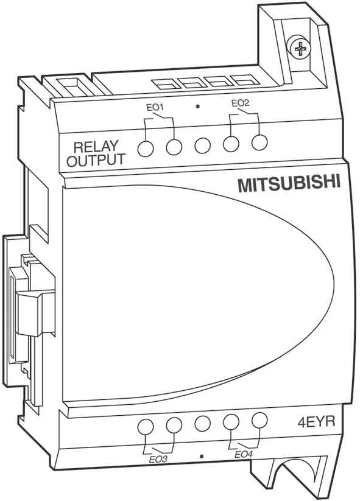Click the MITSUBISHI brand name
pos(289,184)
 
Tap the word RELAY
pos(96,147)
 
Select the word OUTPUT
pos(96,160)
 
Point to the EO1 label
pos(155,107)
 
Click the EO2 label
pos(240,103)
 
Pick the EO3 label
pos(158,460)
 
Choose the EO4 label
pos(243,454)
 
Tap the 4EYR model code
pos(316,422)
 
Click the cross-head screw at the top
pos(300,49)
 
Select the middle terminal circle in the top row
pos(202,145)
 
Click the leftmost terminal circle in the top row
pos(146,149)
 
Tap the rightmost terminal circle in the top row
pos(259,142)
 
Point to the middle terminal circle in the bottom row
pos(202,424)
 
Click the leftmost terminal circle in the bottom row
pos(146,427)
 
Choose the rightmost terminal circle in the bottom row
pos(259,421)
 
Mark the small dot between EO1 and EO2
pos(198,106)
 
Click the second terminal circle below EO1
pos(174,147)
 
